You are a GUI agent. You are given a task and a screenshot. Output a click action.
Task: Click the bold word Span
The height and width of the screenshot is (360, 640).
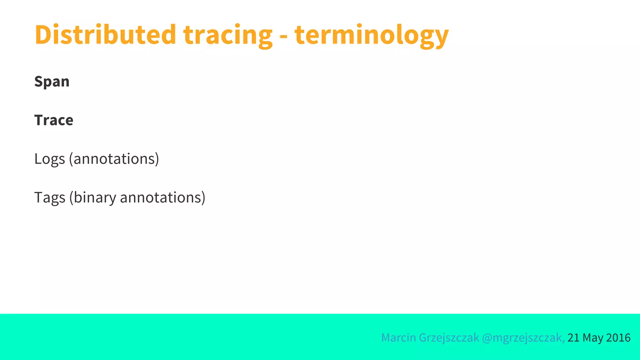click(52, 82)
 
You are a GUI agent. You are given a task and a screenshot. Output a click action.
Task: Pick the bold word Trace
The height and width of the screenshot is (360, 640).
click(54, 120)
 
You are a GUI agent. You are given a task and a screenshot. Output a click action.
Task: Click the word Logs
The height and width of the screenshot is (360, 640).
click(50, 159)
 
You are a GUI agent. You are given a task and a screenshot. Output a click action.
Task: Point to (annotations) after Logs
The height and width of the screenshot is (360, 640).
click(114, 159)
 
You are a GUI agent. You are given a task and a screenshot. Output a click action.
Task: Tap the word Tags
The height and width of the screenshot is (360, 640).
click(50, 198)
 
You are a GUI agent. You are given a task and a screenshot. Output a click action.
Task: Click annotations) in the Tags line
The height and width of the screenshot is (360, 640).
click(162, 198)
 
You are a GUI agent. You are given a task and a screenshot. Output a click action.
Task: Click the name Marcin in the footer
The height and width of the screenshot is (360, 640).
click(398, 338)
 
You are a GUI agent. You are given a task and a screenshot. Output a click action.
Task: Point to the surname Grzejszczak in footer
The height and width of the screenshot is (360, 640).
click(449, 338)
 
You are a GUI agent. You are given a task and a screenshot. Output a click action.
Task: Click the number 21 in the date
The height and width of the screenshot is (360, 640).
click(573, 338)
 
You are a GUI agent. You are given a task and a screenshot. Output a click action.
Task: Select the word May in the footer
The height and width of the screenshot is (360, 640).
click(593, 338)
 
